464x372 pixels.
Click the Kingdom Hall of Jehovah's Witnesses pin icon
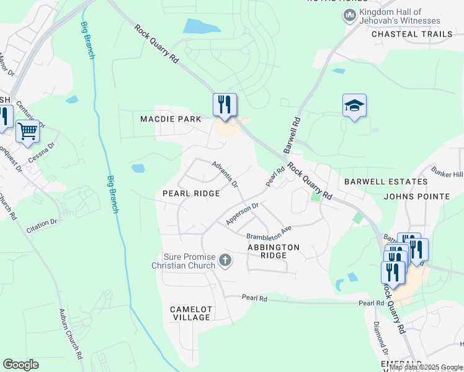(x=349, y=15)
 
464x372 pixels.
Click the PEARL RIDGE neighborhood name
(x=191, y=193)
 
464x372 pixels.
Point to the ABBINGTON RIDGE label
(x=273, y=251)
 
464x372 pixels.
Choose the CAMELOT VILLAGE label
(x=190, y=313)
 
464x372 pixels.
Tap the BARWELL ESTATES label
(x=386, y=182)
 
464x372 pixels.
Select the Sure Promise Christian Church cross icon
(x=225, y=261)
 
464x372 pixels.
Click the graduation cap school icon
(x=354, y=106)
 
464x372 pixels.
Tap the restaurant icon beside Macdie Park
(x=225, y=104)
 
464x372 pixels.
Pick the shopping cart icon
(x=27, y=131)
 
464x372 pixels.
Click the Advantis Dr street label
(x=225, y=175)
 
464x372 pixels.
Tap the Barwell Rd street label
(x=292, y=135)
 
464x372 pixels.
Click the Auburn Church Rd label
(x=70, y=334)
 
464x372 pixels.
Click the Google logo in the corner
(x=20, y=365)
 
